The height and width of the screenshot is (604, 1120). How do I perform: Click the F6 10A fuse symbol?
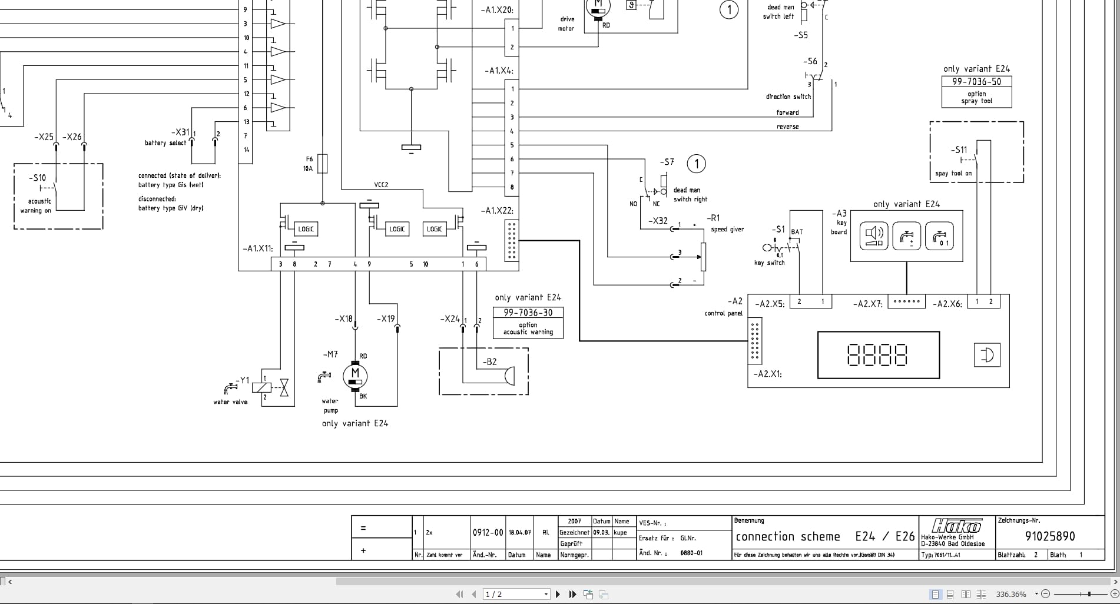coord(322,164)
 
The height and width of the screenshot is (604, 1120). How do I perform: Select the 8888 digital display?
coord(877,355)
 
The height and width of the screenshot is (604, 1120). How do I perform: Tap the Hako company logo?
coord(957,526)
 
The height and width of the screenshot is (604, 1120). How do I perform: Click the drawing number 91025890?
coord(1050,536)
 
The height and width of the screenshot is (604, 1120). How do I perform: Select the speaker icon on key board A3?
coord(873,236)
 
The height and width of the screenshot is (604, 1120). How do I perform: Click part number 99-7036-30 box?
coord(528,313)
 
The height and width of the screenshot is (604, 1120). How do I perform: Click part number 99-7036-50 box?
coord(976,82)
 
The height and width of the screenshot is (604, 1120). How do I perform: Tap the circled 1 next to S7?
coord(697,164)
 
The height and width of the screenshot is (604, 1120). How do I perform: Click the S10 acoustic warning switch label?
coord(38,178)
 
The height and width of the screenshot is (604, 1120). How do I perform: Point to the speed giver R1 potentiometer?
coord(703,257)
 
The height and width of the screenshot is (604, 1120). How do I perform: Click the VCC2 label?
coord(381,185)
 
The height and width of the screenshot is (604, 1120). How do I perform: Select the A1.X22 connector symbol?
coord(512,240)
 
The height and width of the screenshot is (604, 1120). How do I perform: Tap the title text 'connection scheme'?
coord(787,536)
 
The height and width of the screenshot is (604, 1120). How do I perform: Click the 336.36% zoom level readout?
coord(1011,594)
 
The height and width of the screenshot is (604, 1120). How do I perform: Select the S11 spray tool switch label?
coord(959,150)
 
